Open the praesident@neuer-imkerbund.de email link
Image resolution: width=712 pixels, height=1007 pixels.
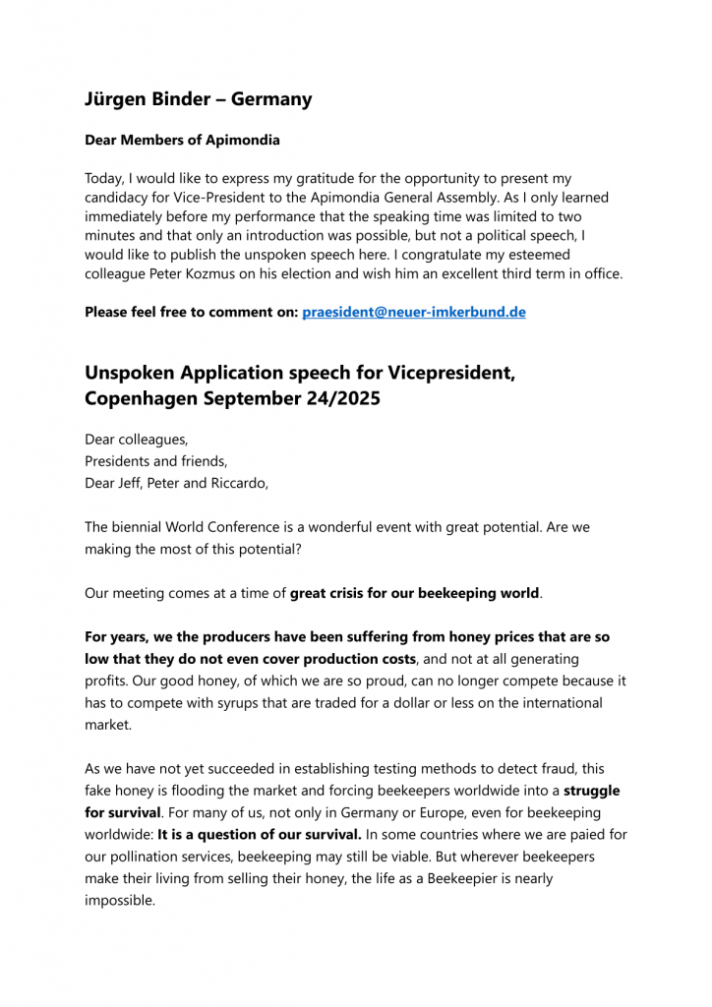tap(414, 312)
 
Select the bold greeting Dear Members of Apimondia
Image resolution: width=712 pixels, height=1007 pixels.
tap(182, 140)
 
